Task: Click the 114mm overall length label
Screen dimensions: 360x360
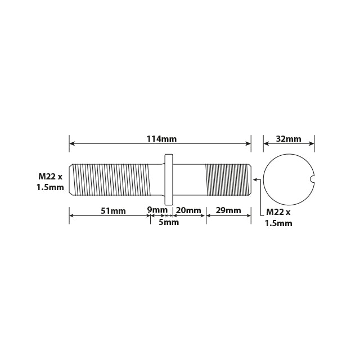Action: pyautogui.click(x=161, y=139)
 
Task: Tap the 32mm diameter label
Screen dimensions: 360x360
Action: pyautogui.click(x=289, y=139)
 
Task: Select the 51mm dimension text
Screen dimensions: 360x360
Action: pyautogui.click(x=113, y=211)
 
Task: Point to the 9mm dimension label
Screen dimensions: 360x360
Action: pyautogui.click(x=157, y=210)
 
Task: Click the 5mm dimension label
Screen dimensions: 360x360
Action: pyautogui.click(x=169, y=222)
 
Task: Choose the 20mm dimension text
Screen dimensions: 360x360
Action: pyautogui.click(x=188, y=210)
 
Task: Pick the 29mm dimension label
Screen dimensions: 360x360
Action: pyautogui.click(x=228, y=210)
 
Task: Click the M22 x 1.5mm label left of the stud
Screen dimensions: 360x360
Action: pyautogui.click(x=50, y=182)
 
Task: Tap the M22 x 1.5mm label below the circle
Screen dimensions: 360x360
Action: pyautogui.click(x=278, y=218)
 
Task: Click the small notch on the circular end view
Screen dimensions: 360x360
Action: pyautogui.click(x=312, y=179)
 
